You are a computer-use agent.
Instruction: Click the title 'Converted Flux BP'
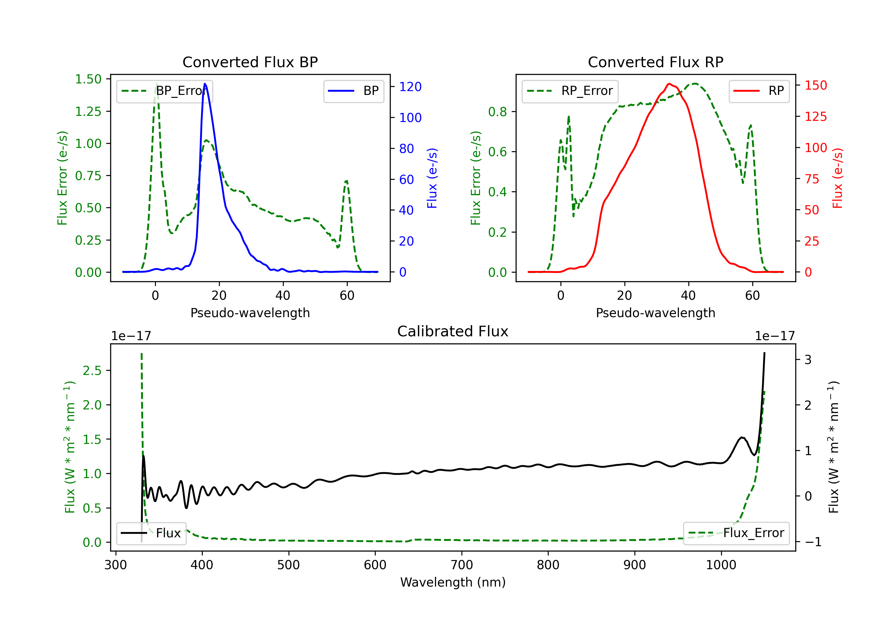click(x=250, y=62)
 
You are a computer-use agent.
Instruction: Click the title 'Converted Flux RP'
click(x=655, y=62)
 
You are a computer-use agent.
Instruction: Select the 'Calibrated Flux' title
click(x=453, y=331)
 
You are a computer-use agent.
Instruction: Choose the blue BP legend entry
click(x=353, y=91)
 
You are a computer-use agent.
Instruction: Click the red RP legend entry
click(x=759, y=91)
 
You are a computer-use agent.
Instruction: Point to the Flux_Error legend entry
click(x=736, y=533)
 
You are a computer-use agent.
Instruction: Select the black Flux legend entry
click(x=151, y=533)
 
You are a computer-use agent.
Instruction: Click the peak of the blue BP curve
click(x=205, y=84)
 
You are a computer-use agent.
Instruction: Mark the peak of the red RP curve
click(x=669, y=84)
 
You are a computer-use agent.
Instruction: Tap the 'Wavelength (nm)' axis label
click(x=453, y=582)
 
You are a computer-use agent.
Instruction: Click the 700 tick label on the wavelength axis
click(x=462, y=565)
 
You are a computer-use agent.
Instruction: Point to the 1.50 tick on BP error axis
click(x=88, y=79)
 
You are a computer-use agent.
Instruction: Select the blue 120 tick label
click(x=410, y=87)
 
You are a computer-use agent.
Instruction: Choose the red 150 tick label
click(x=816, y=85)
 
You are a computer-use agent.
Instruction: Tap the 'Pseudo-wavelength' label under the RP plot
click(x=655, y=313)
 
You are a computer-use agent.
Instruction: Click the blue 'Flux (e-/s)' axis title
click(x=432, y=178)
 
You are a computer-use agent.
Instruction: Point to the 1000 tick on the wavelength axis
click(x=721, y=565)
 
